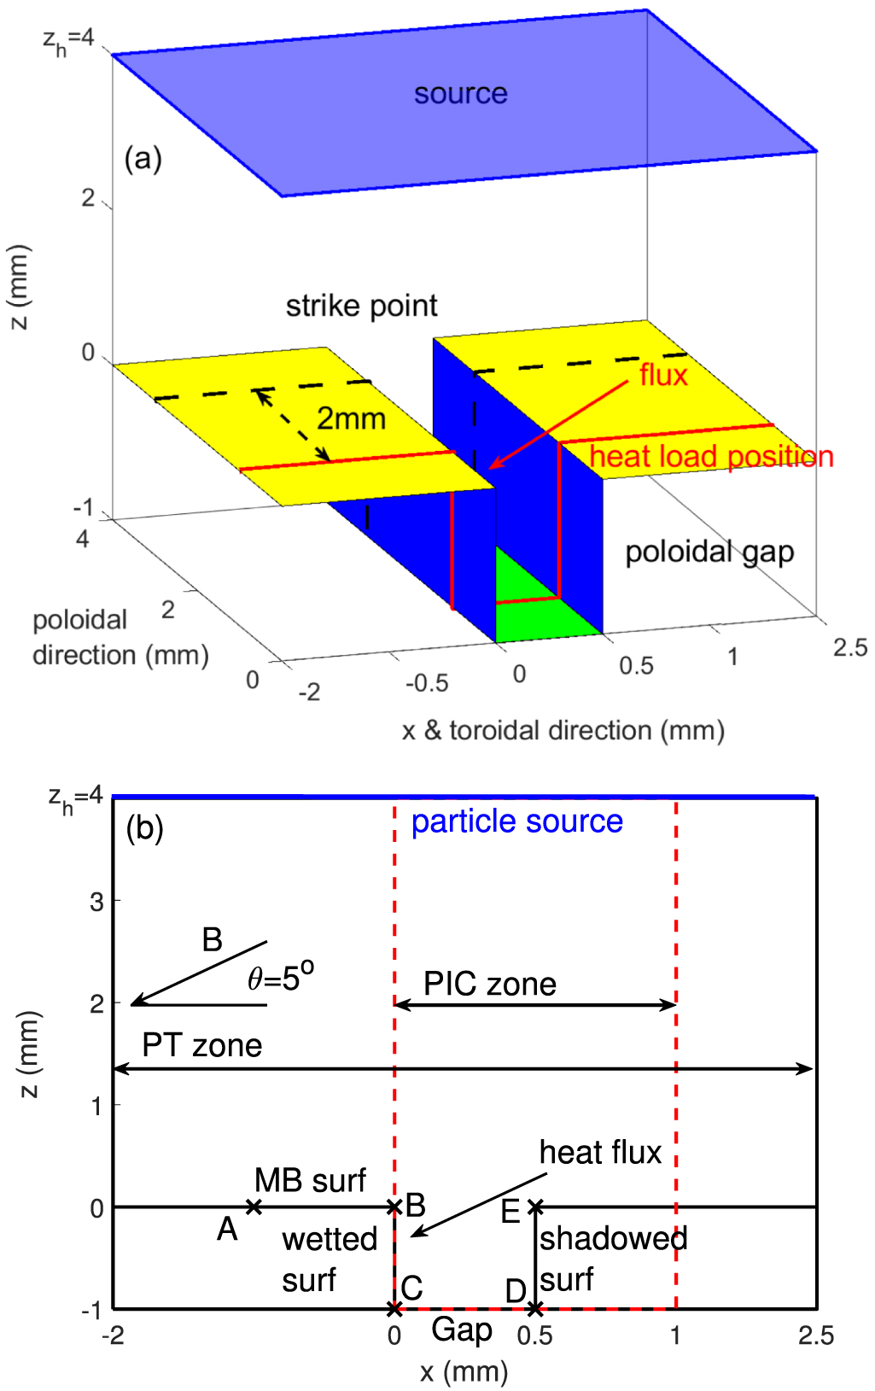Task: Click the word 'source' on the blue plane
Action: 460,93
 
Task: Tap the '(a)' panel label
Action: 143,159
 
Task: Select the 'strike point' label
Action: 361,306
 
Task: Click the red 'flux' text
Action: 663,375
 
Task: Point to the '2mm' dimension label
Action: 351,418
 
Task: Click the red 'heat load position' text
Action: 711,457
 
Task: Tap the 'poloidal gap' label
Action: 709,552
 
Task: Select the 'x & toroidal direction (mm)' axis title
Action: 563,731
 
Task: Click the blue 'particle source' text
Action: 516,821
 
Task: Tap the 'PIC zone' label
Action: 490,984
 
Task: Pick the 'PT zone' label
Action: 201,1045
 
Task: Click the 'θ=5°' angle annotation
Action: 281,977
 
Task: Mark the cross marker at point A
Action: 254,1207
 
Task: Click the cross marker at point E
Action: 535,1207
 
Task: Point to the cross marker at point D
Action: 535,1308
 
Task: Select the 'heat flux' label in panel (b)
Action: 600,1153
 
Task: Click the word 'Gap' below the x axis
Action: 462,1330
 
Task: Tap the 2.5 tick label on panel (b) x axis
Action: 815,1335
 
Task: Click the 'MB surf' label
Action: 310,1181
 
